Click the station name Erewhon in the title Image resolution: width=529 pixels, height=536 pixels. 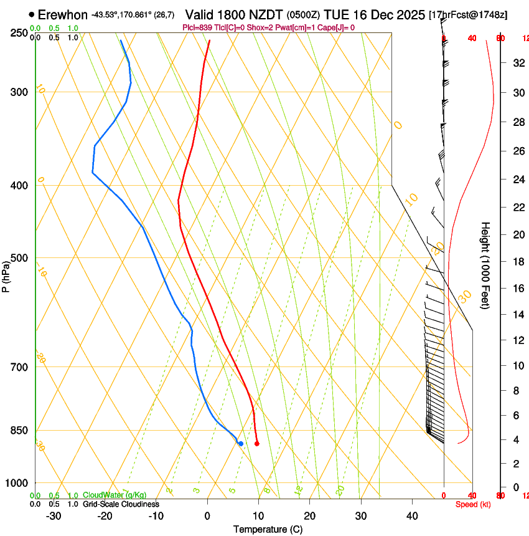click(x=63, y=14)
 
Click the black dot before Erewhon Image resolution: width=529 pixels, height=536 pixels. click(x=31, y=14)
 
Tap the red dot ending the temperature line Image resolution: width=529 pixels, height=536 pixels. click(x=257, y=444)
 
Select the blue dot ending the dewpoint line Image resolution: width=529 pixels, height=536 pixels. click(x=241, y=443)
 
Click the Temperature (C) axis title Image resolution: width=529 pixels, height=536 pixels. click(x=268, y=529)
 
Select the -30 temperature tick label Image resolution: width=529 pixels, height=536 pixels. click(x=54, y=516)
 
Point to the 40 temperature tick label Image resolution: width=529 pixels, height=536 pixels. click(x=411, y=516)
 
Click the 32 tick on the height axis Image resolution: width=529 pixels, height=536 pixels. click(x=517, y=63)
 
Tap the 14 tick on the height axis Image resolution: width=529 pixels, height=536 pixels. click(x=517, y=315)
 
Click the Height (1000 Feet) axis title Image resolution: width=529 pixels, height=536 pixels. click(x=485, y=265)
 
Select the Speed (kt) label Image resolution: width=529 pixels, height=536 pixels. click(x=473, y=504)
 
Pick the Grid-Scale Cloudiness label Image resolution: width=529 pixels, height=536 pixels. click(x=121, y=504)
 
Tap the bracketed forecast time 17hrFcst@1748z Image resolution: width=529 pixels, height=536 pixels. click(x=468, y=14)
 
